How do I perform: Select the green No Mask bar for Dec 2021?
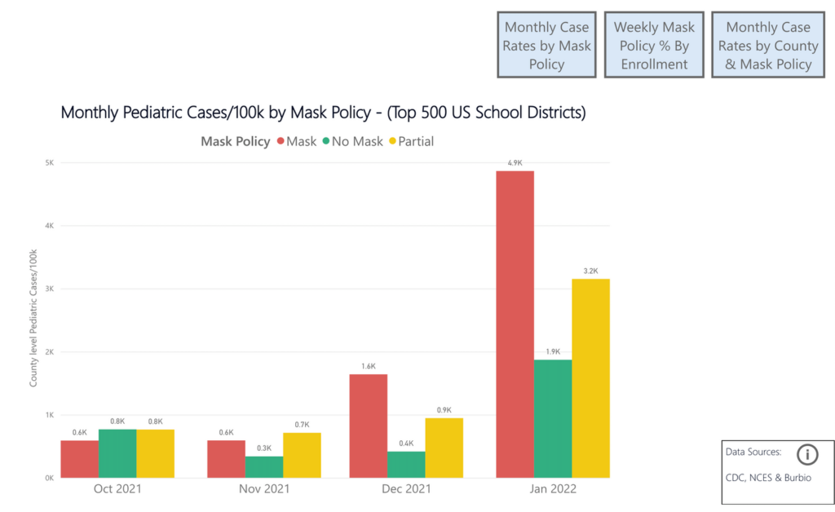pyautogui.click(x=406, y=464)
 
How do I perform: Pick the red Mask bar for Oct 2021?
pyautogui.click(x=79, y=459)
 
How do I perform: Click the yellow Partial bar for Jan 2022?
pyautogui.click(x=590, y=378)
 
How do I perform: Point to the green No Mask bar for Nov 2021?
pyautogui.click(x=264, y=466)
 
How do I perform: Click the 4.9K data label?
pyautogui.click(x=515, y=163)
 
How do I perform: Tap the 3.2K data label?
pyautogui.click(x=590, y=271)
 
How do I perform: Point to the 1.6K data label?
pyautogui.click(x=368, y=366)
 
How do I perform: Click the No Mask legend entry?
pyautogui.click(x=352, y=141)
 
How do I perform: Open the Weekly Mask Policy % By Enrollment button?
pyautogui.click(x=653, y=46)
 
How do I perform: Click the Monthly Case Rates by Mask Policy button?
pyautogui.click(x=546, y=46)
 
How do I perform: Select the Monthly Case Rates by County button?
pyautogui.click(x=767, y=46)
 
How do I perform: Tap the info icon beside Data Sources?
pyautogui.click(x=806, y=454)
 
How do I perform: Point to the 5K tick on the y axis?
pyautogui.click(x=48, y=162)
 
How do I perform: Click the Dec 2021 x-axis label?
pyautogui.click(x=406, y=489)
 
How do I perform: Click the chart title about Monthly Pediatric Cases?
pyautogui.click(x=323, y=113)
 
